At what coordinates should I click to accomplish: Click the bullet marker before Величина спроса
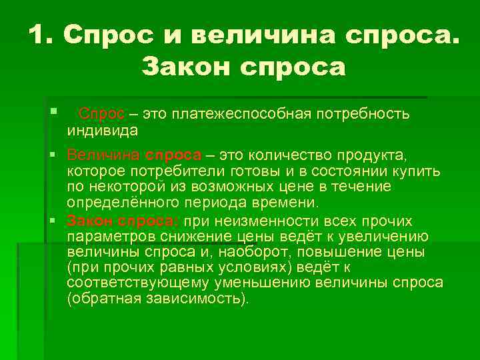tap(57, 155)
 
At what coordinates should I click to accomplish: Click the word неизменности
tap(253, 221)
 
